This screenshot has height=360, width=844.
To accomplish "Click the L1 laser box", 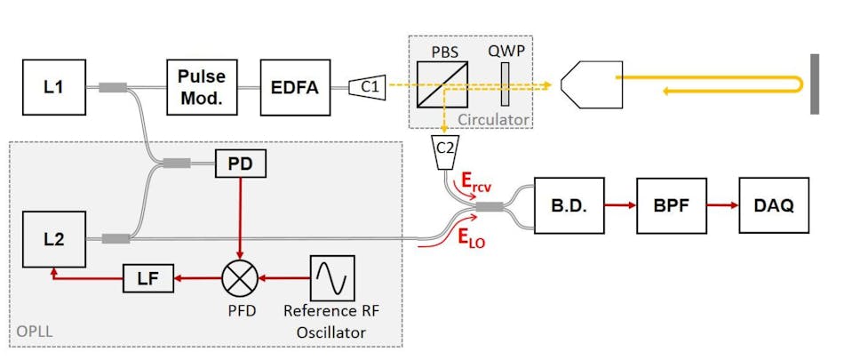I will pos(54,86).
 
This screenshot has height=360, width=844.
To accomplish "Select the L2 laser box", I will pos(54,239).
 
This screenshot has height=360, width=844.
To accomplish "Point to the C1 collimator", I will pos(367,86).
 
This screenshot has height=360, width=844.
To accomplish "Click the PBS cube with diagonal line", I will pos(442,86).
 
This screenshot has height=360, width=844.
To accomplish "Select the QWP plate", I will pos(506,86).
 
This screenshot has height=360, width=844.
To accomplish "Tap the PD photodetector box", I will pos(240,164).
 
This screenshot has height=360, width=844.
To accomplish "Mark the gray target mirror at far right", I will pos(814,84).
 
